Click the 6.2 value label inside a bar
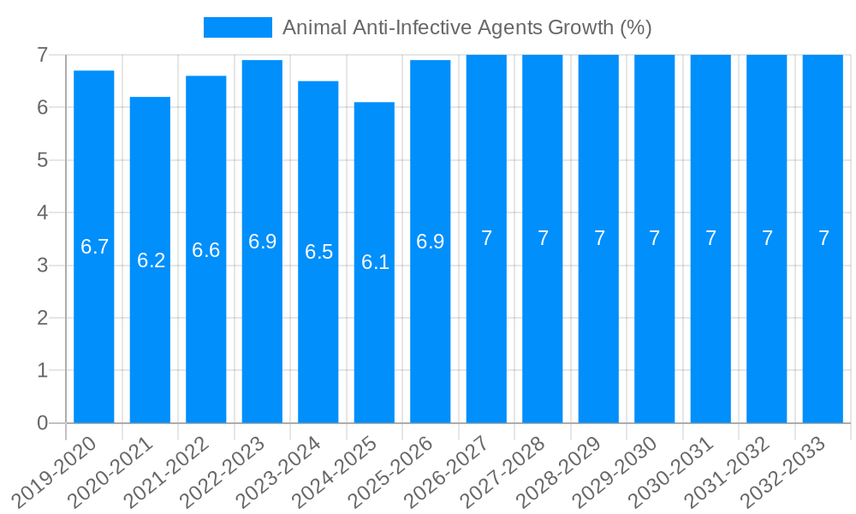pyautogui.click(x=151, y=260)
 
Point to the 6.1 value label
pyautogui.click(x=375, y=263)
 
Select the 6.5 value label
pyautogui.click(x=318, y=253)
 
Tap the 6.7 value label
pyautogui.click(x=94, y=248)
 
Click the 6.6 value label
pyautogui.click(x=206, y=250)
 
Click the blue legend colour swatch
pyautogui.click(x=237, y=27)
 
